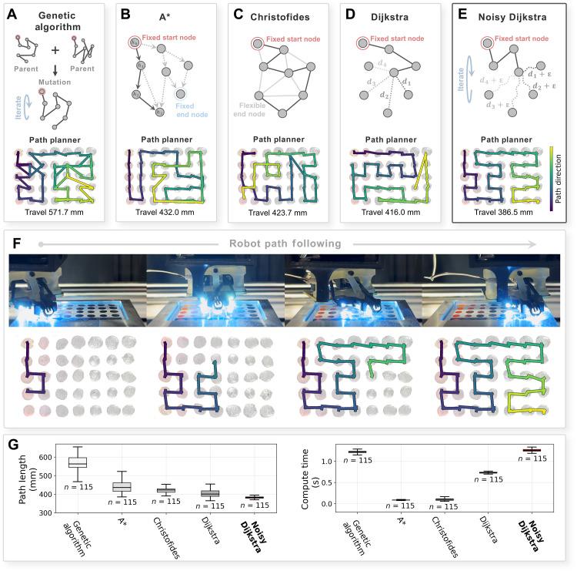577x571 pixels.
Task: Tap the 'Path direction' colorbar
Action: (552, 176)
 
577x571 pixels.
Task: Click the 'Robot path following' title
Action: (288, 244)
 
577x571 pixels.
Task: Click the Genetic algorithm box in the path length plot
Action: (77, 462)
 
